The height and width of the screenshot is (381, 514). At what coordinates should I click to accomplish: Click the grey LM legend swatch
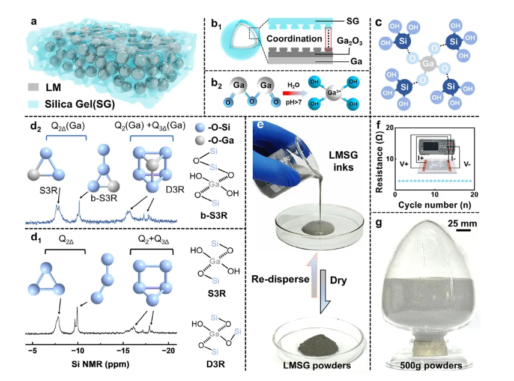pyautogui.click(x=35, y=88)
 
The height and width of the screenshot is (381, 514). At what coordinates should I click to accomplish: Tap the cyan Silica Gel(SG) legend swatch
pyautogui.click(x=35, y=104)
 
